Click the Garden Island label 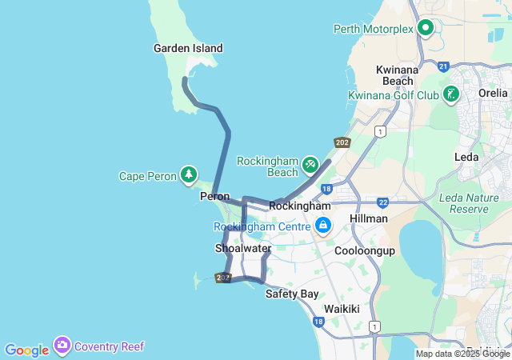[x=188, y=48]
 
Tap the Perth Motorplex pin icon [x=426, y=29]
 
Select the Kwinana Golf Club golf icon [x=452, y=95]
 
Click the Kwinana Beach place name [x=397, y=75]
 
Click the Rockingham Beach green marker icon [x=310, y=165]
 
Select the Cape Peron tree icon [x=188, y=174]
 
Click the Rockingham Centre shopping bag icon [x=322, y=226]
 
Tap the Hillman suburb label [x=369, y=218]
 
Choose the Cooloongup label [x=365, y=250]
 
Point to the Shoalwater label [x=243, y=249]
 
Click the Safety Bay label [x=292, y=294]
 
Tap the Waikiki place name [x=342, y=309]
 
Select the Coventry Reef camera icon [x=62, y=346]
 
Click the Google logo [x=26, y=350]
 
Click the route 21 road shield [x=443, y=66]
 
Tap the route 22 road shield [x=383, y=202]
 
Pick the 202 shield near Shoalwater [x=223, y=278]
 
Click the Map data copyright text [x=462, y=354]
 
